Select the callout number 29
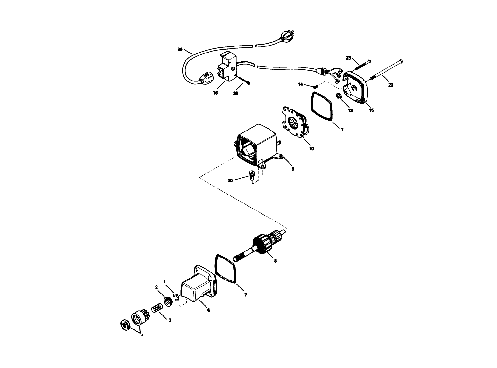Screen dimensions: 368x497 point(180,49)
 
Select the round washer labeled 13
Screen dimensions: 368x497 point(339,96)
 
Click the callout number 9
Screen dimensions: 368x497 point(293,169)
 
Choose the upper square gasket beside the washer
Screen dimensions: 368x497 point(322,107)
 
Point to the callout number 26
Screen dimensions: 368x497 point(235,93)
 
